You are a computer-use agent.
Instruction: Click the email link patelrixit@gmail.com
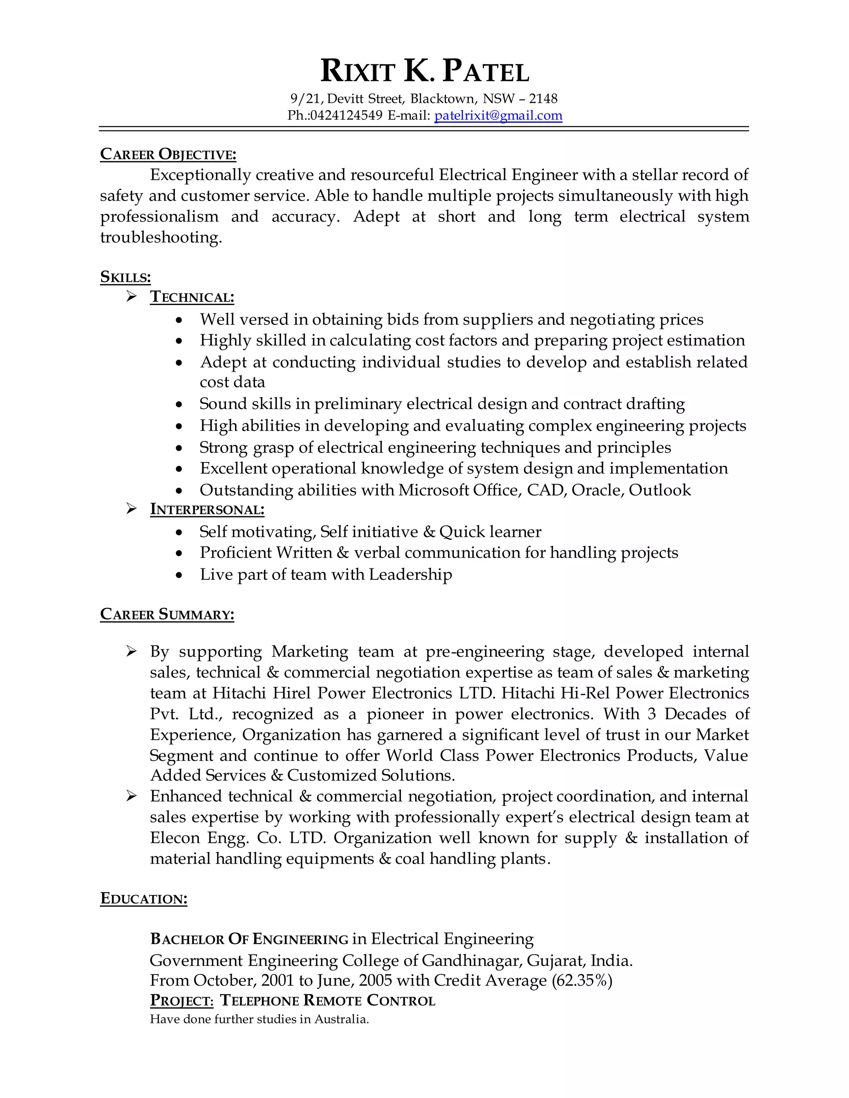click(498, 116)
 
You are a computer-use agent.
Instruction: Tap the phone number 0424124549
click(347, 116)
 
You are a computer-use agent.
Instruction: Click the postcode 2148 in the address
click(543, 99)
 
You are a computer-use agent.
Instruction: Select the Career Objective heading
click(168, 155)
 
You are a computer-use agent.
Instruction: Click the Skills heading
click(125, 277)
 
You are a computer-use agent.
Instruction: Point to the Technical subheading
click(192, 297)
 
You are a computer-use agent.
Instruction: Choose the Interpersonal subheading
click(207, 509)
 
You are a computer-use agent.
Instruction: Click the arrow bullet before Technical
click(132, 297)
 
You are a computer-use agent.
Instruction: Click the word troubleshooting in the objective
click(160, 237)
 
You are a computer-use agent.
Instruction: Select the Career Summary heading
click(167, 614)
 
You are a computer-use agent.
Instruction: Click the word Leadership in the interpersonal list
click(410, 574)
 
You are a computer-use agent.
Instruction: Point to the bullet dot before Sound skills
click(180, 404)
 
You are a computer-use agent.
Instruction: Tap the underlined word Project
click(182, 1001)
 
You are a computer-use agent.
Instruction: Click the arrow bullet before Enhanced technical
click(132, 796)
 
